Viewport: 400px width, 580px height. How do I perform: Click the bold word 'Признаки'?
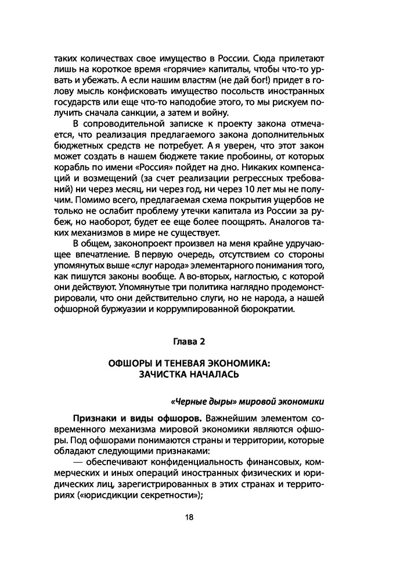tap(95, 418)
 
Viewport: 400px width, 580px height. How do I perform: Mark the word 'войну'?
tap(217, 113)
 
